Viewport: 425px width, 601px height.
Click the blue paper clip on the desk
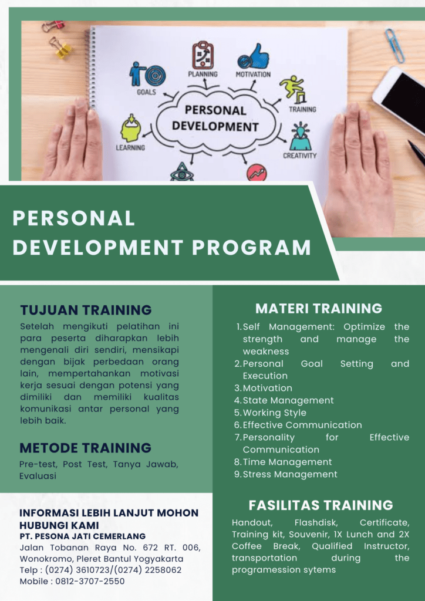click(394, 45)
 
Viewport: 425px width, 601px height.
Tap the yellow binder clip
click(61, 48)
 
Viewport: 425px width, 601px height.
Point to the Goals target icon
click(147, 73)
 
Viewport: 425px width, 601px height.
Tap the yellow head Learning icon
click(130, 128)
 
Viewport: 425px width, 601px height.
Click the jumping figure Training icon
click(294, 89)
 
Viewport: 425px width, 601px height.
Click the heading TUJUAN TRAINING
click(86, 310)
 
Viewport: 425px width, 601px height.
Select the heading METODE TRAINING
click(86, 448)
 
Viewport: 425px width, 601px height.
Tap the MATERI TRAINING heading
click(319, 309)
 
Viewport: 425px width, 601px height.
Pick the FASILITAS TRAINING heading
click(321, 505)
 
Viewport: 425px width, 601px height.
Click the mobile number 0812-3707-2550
click(90, 581)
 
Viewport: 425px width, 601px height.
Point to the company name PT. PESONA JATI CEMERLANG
click(83, 536)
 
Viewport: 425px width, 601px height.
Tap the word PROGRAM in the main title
click(251, 248)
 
